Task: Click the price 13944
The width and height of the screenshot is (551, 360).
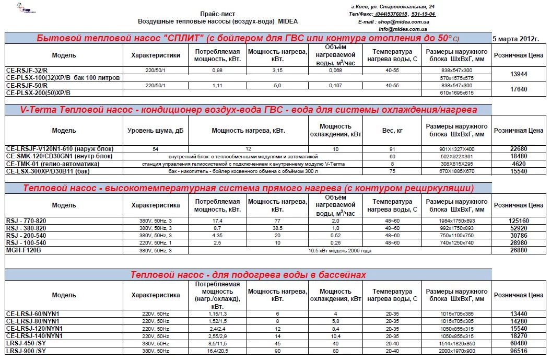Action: click(518, 74)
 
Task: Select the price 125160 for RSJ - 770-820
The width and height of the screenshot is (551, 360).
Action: click(519, 220)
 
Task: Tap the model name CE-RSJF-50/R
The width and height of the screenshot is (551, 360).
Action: click(27, 85)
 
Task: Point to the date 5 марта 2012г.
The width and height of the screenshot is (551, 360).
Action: click(515, 39)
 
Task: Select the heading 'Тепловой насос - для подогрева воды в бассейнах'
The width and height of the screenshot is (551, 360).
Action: click(248, 275)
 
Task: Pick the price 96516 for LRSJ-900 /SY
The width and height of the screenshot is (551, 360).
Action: click(519, 351)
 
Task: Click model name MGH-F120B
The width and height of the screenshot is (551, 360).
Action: click(23, 250)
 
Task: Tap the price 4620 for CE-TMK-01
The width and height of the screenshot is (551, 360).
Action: click(519, 164)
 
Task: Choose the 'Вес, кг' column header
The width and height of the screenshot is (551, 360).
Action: click(392, 130)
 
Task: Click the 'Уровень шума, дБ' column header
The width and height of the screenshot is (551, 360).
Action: click(156, 130)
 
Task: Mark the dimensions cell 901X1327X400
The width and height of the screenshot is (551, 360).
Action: click(456, 149)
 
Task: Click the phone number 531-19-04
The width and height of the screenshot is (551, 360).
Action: click(424, 14)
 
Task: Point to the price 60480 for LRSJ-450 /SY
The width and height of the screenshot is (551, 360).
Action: click(519, 344)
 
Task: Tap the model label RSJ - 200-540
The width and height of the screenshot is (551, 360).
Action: click(26, 235)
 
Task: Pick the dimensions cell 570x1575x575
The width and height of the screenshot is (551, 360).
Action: click(456, 77)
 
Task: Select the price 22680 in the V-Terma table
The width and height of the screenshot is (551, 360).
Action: click(519, 149)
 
